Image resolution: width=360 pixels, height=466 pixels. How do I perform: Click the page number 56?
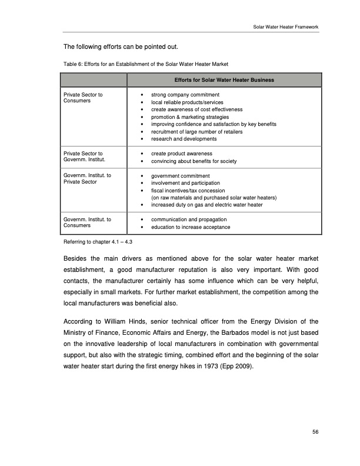(x=315, y=432)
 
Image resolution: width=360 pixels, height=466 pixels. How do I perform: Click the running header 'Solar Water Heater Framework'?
(x=285, y=28)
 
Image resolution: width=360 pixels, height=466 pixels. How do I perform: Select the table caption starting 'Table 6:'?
(x=145, y=64)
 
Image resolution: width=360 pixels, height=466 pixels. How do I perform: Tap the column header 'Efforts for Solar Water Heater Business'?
(x=224, y=79)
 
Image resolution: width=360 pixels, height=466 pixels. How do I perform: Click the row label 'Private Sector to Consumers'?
(x=83, y=98)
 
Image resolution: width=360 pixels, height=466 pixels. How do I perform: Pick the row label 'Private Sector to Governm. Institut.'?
(x=83, y=157)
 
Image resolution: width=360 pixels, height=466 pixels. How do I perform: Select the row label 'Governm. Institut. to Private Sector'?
(x=84, y=179)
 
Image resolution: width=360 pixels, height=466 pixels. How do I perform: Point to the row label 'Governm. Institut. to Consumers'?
(x=84, y=222)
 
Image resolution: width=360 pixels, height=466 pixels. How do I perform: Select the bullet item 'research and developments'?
(x=184, y=139)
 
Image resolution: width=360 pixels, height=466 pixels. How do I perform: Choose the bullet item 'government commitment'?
(x=181, y=175)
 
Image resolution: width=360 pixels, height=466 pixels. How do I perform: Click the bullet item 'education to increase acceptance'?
(x=191, y=227)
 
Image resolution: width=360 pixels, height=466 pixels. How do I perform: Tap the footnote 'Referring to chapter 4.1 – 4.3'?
(x=98, y=242)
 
